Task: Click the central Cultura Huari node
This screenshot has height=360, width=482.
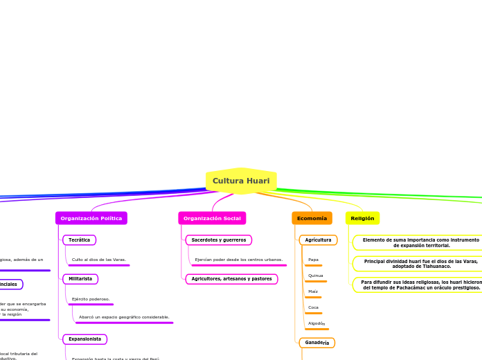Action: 241,181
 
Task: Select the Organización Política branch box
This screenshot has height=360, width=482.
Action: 91,218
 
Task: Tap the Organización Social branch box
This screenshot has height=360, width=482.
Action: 212,218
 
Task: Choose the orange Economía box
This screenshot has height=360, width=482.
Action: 312,218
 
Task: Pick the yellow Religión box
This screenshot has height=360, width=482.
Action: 362,218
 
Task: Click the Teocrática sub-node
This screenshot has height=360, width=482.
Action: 79,240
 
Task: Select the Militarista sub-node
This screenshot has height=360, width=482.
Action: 80,279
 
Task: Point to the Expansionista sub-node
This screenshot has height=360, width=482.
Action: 84,339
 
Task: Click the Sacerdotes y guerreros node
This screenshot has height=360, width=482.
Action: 218,240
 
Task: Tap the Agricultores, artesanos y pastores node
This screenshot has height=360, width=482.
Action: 231,279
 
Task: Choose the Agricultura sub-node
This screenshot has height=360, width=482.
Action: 318,240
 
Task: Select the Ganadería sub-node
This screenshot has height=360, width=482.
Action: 317,343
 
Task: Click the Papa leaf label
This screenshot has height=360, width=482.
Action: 313,260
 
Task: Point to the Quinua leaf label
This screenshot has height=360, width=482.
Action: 315,276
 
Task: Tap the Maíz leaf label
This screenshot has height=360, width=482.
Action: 313,291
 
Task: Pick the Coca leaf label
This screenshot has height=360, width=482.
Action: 313,307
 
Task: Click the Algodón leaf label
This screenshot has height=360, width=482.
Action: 316,323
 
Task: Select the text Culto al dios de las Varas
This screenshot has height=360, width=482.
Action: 98,260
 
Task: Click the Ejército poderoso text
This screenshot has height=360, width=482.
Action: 91,299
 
